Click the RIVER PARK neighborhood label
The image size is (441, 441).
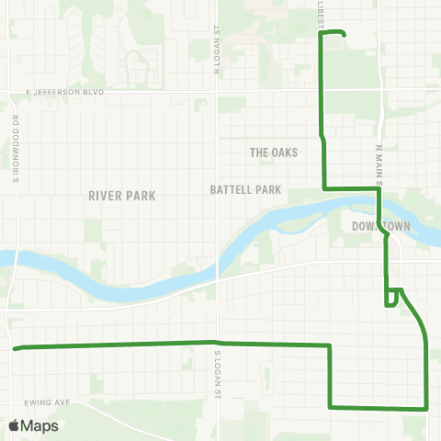[x=122, y=196]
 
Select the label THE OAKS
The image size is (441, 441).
[x=275, y=153]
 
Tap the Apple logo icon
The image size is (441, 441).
[x=14, y=425]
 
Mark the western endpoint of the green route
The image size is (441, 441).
[x=15, y=348]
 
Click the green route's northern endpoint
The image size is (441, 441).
[x=344, y=35]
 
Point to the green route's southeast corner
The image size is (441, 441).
[x=427, y=407]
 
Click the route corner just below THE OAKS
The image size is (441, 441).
[x=323, y=188]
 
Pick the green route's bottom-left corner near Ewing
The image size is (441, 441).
[x=330, y=406]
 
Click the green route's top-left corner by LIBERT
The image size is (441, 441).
[x=320, y=34]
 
